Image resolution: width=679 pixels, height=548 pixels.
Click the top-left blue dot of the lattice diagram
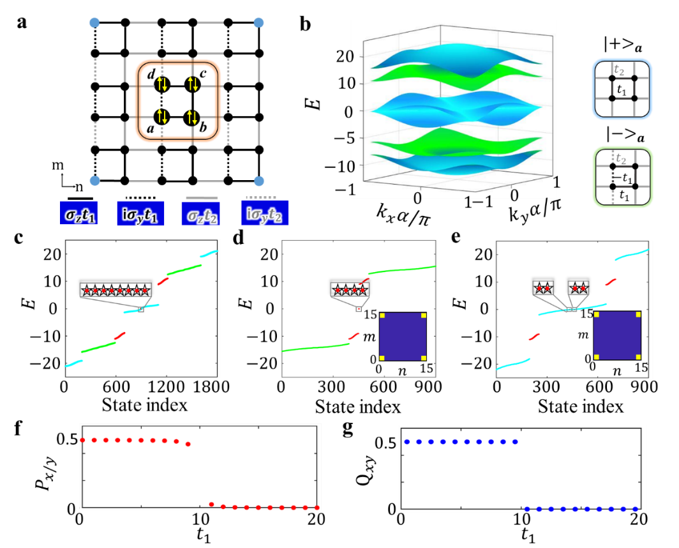coord(94,23)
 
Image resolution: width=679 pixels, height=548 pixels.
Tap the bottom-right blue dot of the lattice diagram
coord(258,181)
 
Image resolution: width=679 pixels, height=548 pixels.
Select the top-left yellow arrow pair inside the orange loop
coord(162,83)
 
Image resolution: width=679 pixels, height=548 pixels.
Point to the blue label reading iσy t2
coord(265,213)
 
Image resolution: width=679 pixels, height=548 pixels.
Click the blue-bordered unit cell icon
coord(622,89)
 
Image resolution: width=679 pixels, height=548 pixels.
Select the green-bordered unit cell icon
coord(622,177)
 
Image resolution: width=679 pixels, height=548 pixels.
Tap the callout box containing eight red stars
coord(116,290)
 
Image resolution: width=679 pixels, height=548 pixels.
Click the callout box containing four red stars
coord(350,290)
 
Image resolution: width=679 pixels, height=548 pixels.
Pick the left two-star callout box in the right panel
coord(543,288)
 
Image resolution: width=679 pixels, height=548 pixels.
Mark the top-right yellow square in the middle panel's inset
coord(422,316)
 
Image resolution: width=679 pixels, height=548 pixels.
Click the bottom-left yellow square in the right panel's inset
coord(597,356)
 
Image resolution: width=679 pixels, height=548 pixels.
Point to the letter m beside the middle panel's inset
coord(368,335)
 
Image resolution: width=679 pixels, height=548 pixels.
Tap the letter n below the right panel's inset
coord(617,370)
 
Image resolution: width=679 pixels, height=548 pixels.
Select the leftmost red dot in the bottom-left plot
coord(82,440)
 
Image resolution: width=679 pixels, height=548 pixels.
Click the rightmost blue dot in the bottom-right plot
coord(636,509)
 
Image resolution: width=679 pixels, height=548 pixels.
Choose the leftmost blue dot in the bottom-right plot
coord(406,441)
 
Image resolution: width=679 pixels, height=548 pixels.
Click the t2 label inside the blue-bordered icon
coord(618,70)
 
